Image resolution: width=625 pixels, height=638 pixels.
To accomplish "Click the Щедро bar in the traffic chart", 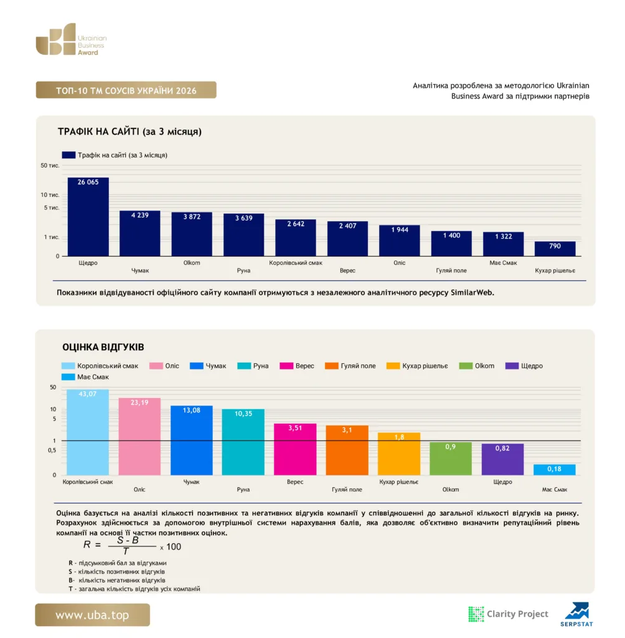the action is [88, 216].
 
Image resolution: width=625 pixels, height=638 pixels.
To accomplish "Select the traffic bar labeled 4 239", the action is [140, 233].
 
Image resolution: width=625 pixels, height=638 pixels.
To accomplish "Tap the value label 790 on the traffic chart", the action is [555, 245].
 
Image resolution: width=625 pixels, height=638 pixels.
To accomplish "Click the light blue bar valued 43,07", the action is [87, 432].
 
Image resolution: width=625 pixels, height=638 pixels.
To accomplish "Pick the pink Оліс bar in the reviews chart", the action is [139, 436].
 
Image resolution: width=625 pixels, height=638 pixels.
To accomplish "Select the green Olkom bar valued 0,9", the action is [451, 459].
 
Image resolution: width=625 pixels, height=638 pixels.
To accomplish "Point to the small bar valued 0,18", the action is [554, 470].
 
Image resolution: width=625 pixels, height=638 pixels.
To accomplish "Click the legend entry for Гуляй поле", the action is [350, 366].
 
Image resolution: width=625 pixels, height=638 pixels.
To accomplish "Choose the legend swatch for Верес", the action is [286, 366].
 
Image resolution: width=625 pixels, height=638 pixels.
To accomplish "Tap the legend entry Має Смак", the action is [85, 377].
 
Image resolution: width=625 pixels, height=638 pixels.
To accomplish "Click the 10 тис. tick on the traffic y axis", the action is [50, 195].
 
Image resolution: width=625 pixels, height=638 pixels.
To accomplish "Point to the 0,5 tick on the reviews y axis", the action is [52, 450].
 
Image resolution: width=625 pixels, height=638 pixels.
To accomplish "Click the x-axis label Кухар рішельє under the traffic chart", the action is [555, 270].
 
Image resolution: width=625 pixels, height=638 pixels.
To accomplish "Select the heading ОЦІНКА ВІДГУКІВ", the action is [103, 347].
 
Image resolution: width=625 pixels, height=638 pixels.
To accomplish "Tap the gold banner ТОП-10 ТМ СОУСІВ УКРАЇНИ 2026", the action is [126, 90].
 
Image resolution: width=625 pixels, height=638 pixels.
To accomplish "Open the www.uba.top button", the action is [92, 615].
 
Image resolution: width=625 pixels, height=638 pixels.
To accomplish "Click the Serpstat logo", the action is [576, 614].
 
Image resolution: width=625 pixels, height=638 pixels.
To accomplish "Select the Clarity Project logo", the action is [509, 614].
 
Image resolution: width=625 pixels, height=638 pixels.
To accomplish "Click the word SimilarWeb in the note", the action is [472, 293].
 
